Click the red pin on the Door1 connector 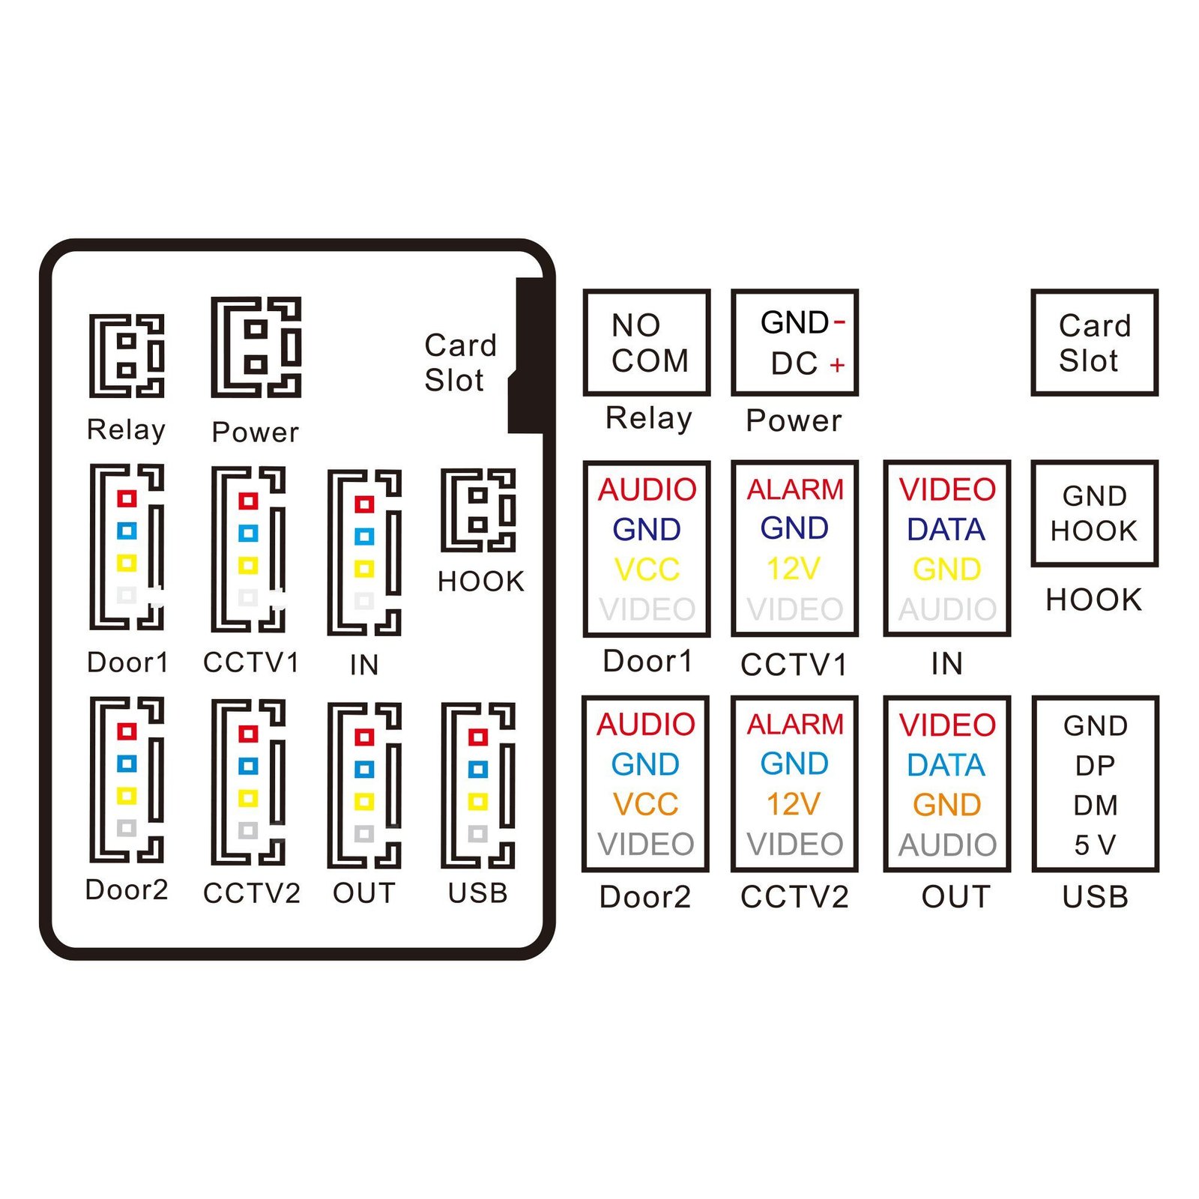click(127, 498)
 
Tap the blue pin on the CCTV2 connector click(248, 766)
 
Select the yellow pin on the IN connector click(364, 569)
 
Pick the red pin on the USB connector click(477, 737)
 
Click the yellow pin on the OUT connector click(364, 802)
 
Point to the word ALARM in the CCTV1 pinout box click(795, 489)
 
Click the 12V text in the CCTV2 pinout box click(794, 804)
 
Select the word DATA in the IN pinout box click(946, 530)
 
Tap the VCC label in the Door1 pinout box click(647, 570)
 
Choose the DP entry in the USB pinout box click(1095, 765)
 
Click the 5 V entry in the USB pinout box click(1095, 845)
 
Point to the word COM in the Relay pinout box click(650, 361)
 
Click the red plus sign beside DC click(837, 365)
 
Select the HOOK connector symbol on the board click(478, 510)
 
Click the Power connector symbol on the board click(256, 347)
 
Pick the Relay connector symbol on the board click(127, 355)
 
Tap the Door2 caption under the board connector click(127, 890)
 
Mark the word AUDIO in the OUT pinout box click(947, 845)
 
